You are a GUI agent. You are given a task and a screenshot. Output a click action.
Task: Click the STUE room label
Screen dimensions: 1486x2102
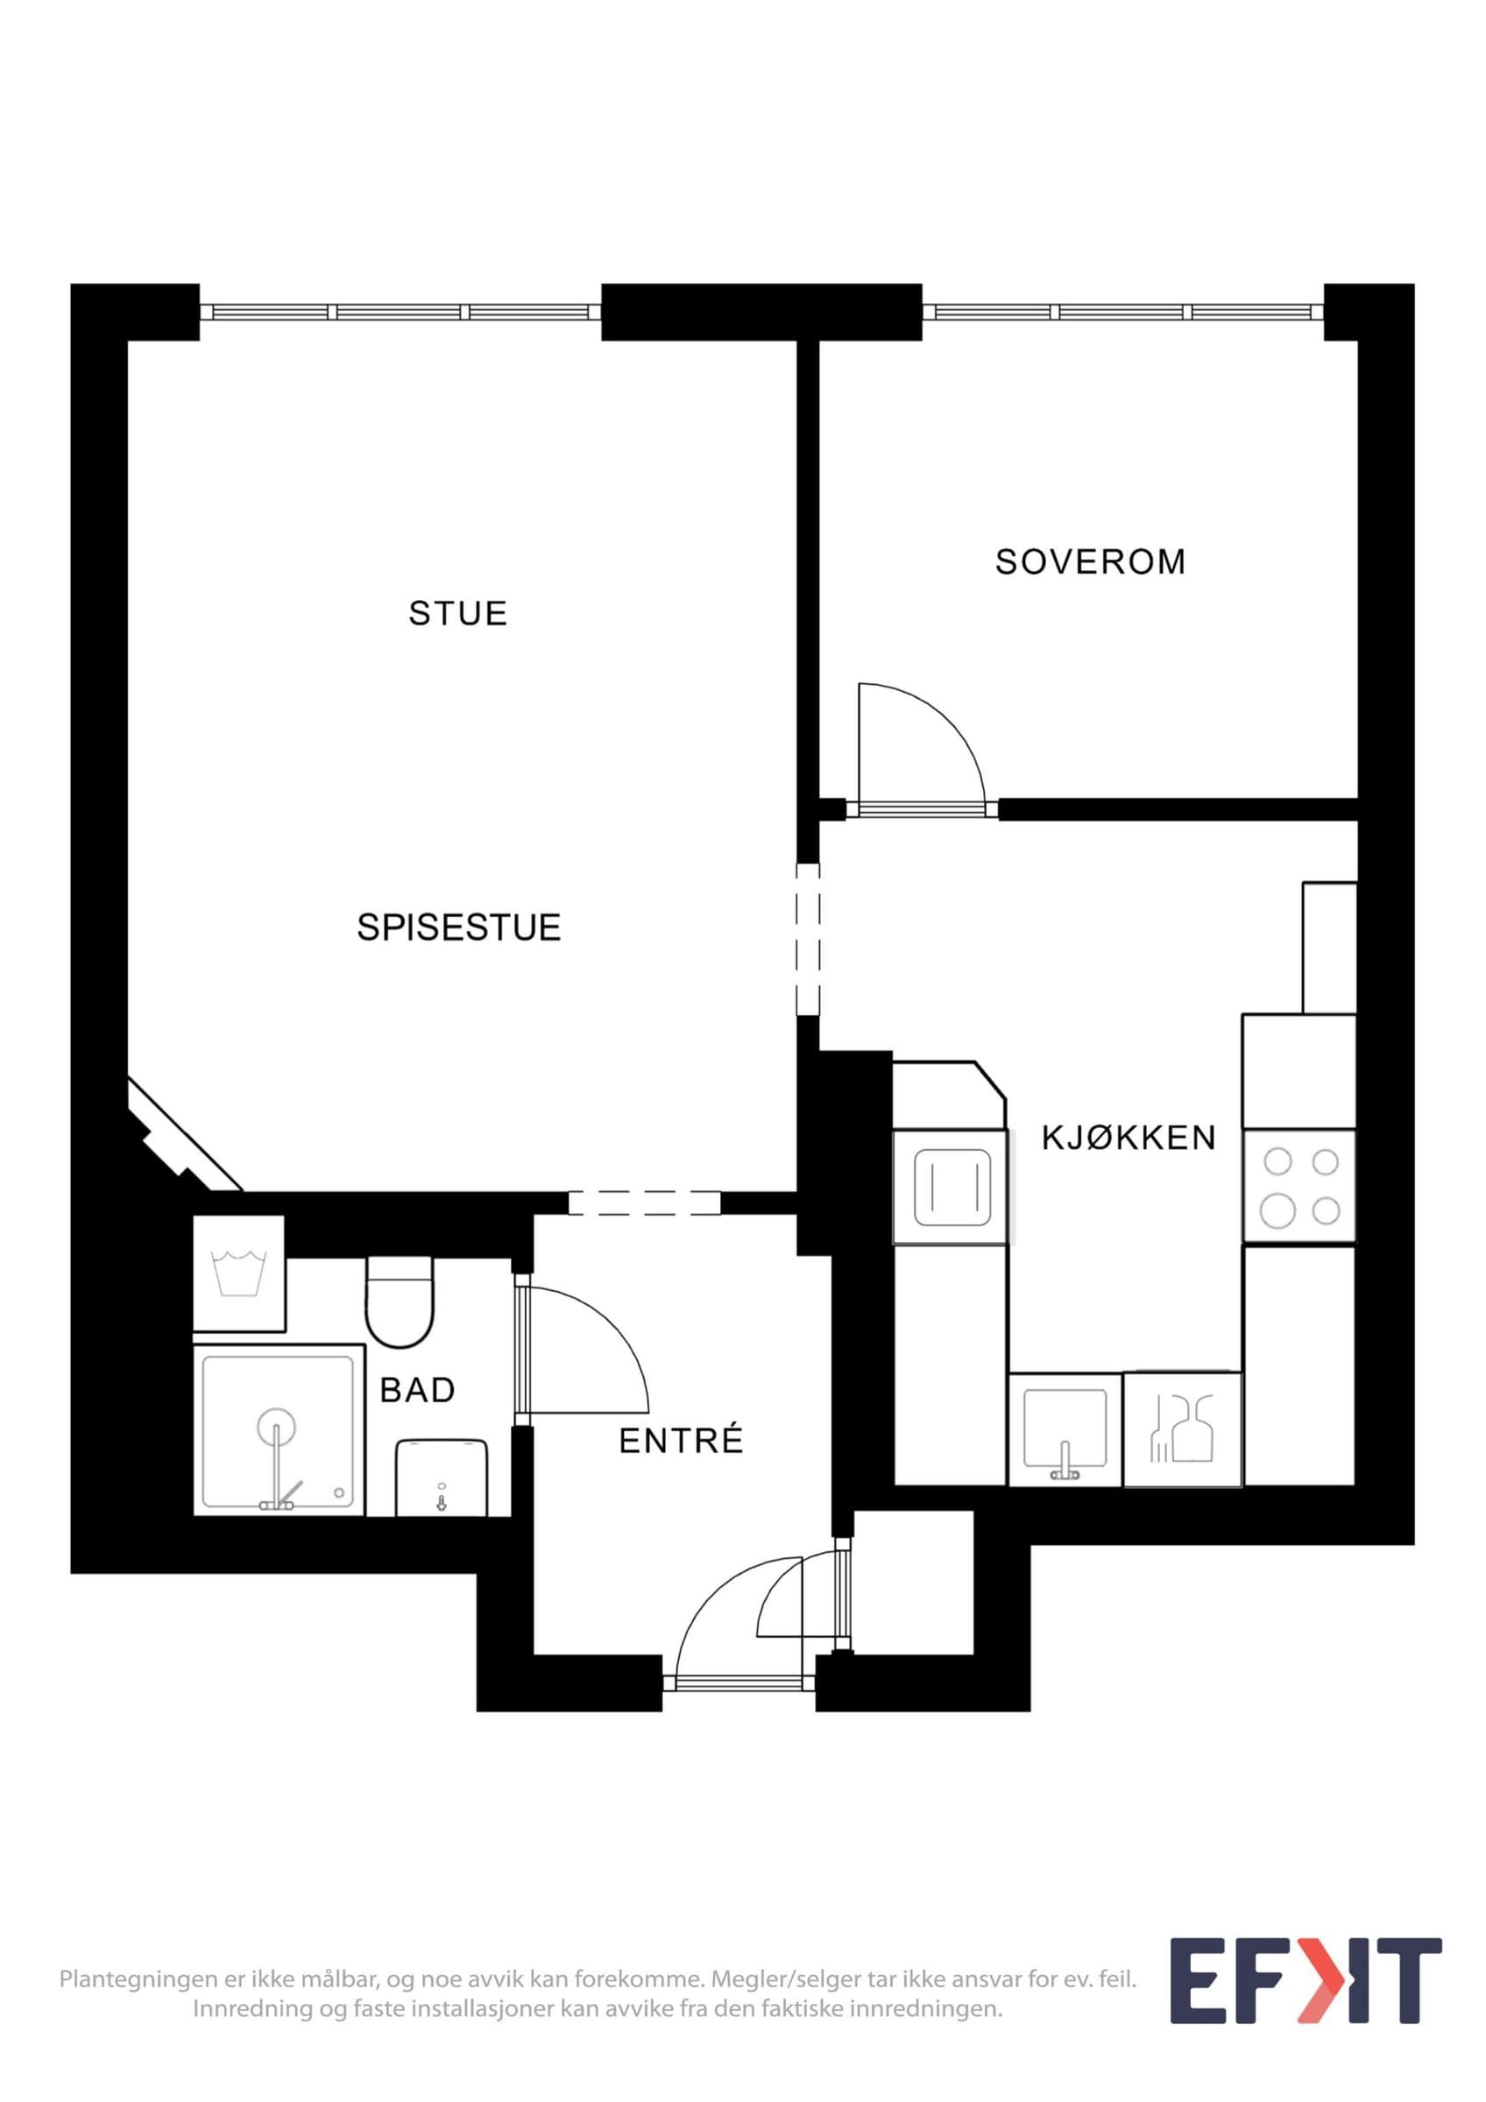click(x=457, y=613)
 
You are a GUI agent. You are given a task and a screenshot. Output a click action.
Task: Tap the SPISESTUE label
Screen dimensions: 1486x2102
click(x=459, y=928)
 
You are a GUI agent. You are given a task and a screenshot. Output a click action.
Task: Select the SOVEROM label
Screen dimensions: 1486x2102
click(x=1090, y=561)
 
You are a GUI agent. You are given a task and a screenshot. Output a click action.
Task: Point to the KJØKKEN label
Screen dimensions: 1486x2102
click(x=1129, y=1138)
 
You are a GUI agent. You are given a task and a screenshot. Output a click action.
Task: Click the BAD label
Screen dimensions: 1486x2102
click(x=418, y=1390)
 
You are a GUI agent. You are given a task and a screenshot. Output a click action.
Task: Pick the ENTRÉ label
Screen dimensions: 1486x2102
click(x=681, y=1441)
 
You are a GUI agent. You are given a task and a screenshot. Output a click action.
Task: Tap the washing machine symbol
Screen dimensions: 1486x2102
click(x=239, y=1273)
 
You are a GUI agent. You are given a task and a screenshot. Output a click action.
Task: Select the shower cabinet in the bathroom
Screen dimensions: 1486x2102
click(x=279, y=1431)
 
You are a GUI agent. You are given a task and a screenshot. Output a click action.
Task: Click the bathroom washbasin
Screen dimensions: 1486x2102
click(x=441, y=1477)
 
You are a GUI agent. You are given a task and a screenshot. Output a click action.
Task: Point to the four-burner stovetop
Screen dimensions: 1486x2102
click(x=1298, y=1186)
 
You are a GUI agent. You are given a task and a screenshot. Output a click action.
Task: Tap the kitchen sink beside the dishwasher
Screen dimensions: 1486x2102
click(x=1065, y=1429)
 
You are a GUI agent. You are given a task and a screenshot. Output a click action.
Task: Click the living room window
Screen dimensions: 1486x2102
click(x=401, y=312)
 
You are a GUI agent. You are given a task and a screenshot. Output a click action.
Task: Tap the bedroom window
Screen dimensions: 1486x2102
click(x=1123, y=312)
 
